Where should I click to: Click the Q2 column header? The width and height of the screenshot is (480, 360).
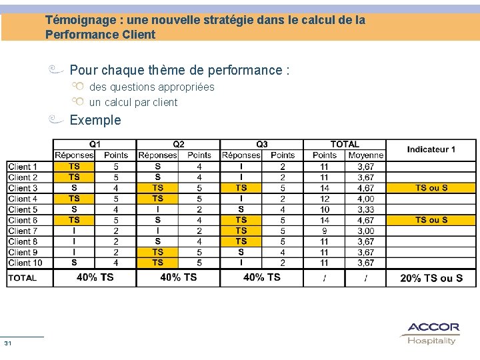pos(178,144)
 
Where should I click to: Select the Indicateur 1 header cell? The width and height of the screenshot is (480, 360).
pos(431,149)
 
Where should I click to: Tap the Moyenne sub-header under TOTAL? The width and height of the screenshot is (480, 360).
pos(365,155)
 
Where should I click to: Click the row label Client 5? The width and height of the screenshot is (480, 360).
pos(23,209)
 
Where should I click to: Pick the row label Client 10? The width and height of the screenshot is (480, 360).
pos(25,263)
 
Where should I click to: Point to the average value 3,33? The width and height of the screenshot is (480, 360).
pos(365,209)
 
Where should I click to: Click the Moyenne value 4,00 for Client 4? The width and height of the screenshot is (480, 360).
pos(365,199)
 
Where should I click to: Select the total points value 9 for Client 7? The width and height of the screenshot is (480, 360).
pos(324,231)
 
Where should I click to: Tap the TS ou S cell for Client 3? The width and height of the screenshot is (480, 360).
pos(431,188)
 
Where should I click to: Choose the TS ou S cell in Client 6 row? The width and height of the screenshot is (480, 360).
pos(431,220)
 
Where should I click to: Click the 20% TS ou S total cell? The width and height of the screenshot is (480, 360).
pos(431,278)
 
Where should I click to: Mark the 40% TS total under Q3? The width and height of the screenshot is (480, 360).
pos(261,277)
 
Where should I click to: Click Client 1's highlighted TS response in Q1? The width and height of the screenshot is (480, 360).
pos(74,167)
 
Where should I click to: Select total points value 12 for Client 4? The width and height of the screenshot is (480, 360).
pos(324,199)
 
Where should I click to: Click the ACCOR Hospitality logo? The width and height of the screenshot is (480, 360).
pos(433,333)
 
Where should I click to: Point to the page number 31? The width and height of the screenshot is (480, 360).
pos(8,343)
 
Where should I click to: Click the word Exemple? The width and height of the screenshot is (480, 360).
pos(95,120)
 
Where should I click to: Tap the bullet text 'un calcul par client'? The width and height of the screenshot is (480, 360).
pos(133,102)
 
